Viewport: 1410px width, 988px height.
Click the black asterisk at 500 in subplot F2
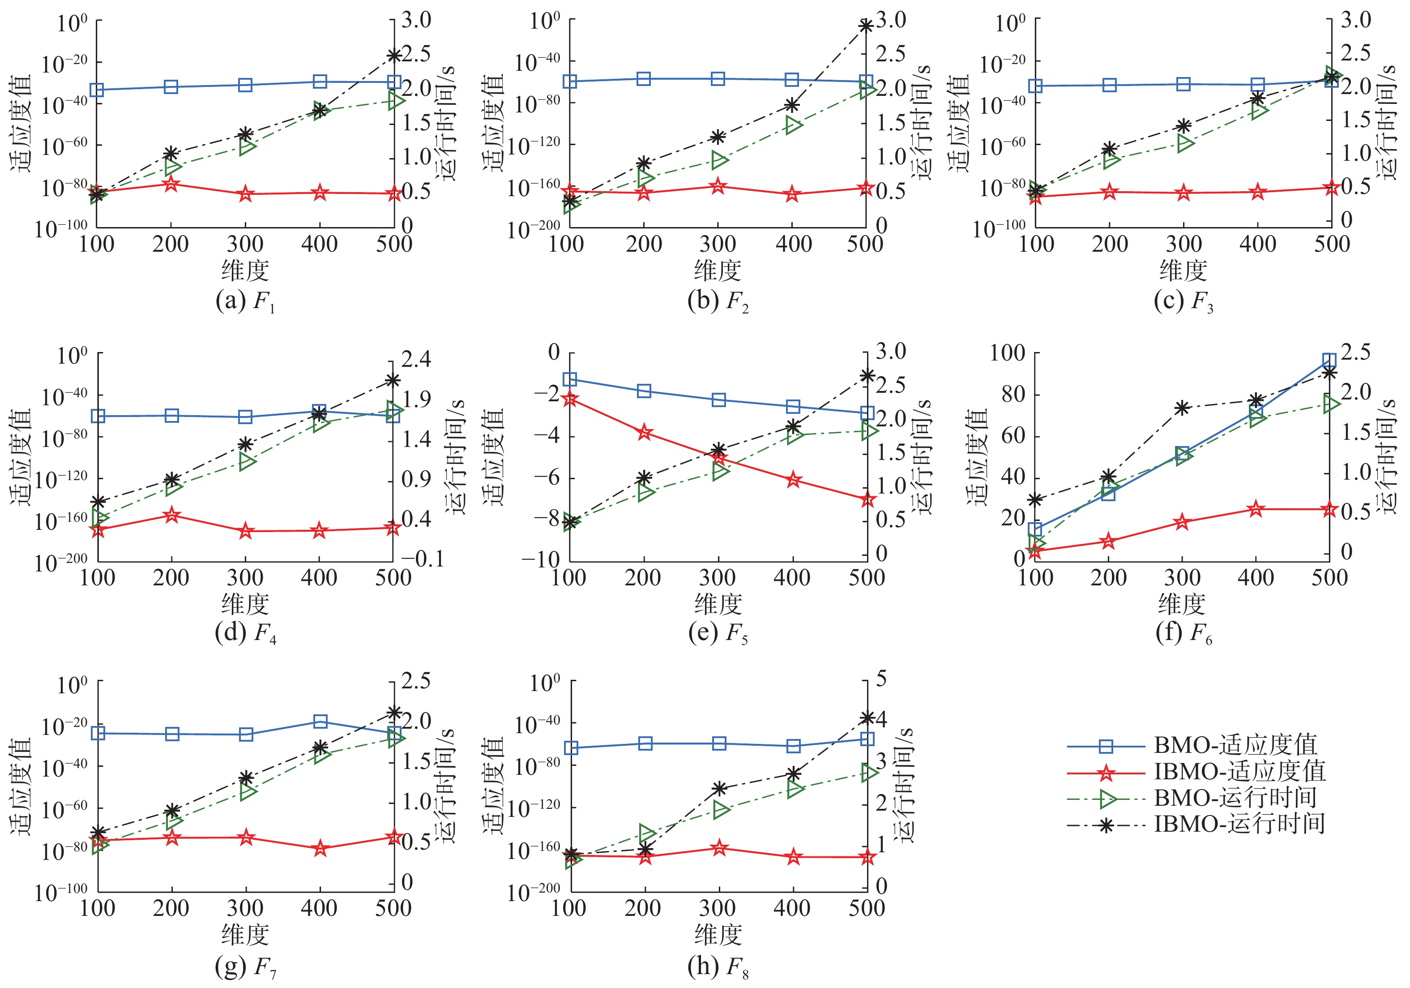[x=866, y=26]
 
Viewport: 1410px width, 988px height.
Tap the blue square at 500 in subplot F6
[x=1329, y=361]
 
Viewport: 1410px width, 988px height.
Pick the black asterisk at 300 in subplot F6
[x=1182, y=408]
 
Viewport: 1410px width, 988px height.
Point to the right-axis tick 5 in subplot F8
[x=881, y=679]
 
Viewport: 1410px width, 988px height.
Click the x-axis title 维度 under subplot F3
[x=1183, y=271]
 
